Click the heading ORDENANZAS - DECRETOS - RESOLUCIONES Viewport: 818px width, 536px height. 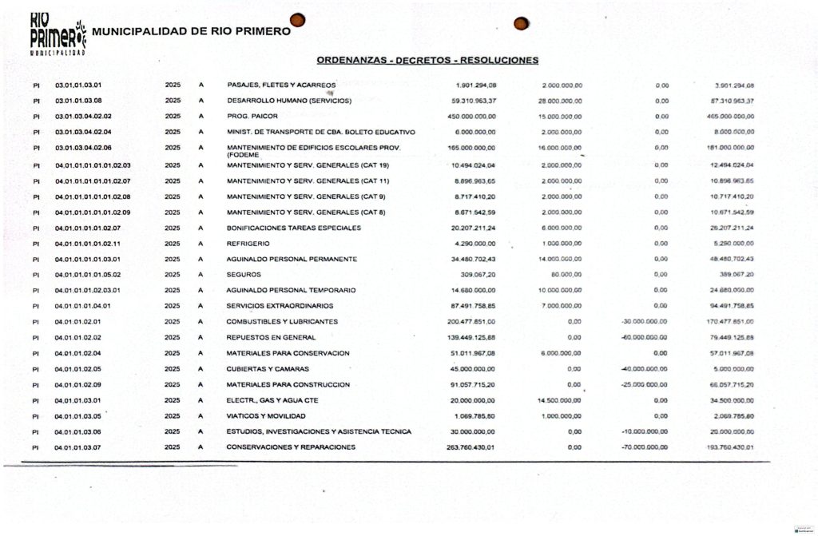(x=427, y=60)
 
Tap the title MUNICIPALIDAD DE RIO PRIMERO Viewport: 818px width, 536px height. (x=193, y=32)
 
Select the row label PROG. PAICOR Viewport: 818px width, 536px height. (x=248, y=117)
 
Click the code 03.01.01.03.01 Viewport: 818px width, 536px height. (x=78, y=85)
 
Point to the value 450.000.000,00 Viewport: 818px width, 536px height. (x=471, y=117)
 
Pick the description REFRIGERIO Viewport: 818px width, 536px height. (x=248, y=244)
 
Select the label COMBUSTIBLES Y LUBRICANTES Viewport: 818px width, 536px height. (x=282, y=322)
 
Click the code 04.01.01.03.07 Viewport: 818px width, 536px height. (x=78, y=447)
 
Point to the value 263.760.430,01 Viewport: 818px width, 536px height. (x=471, y=447)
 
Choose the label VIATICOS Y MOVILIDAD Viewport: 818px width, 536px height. (x=266, y=416)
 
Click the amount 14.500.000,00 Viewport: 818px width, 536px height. (x=560, y=400)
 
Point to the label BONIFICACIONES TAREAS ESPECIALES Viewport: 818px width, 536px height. (x=294, y=228)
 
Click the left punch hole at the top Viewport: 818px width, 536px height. (x=297, y=20)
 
